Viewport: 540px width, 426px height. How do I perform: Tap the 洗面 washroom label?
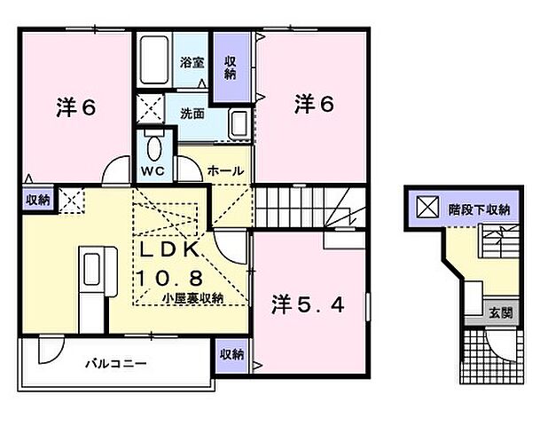click(x=192, y=114)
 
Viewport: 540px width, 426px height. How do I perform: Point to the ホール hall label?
click(x=225, y=169)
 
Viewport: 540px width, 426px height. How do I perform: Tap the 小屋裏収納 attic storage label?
click(x=192, y=298)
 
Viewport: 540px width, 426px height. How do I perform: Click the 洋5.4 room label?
click(x=306, y=304)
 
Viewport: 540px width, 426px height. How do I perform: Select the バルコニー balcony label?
click(x=115, y=364)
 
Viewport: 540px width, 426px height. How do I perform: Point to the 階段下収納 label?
click(x=477, y=210)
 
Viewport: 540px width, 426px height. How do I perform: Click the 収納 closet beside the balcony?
click(x=231, y=355)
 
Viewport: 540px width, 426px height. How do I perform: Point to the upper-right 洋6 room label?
click(x=313, y=105)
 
